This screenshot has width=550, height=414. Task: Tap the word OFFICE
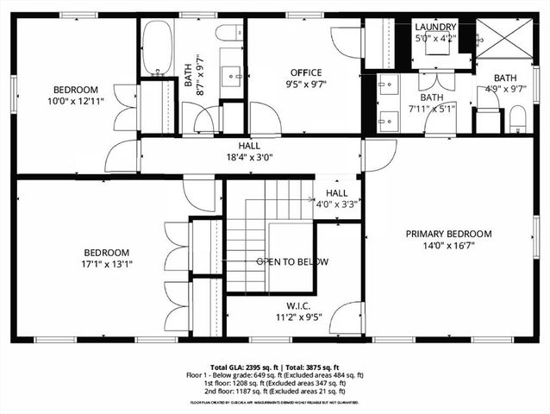(x=305, y=73)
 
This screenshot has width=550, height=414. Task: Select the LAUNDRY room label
(x=434, y=27)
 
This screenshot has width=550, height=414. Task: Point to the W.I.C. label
(x=299, y=305)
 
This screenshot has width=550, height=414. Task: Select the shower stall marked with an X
(x=502, y=40)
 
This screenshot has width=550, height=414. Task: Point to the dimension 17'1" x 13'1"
(x=105, y=265)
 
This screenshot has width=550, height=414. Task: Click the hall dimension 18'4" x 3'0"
(x=248, y=159)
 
